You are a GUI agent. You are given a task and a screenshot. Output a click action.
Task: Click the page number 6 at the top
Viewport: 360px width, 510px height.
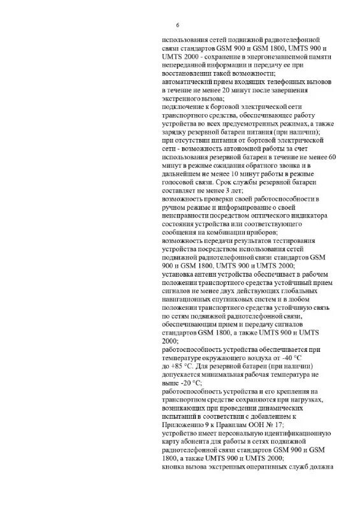click(x=177, y=25)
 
